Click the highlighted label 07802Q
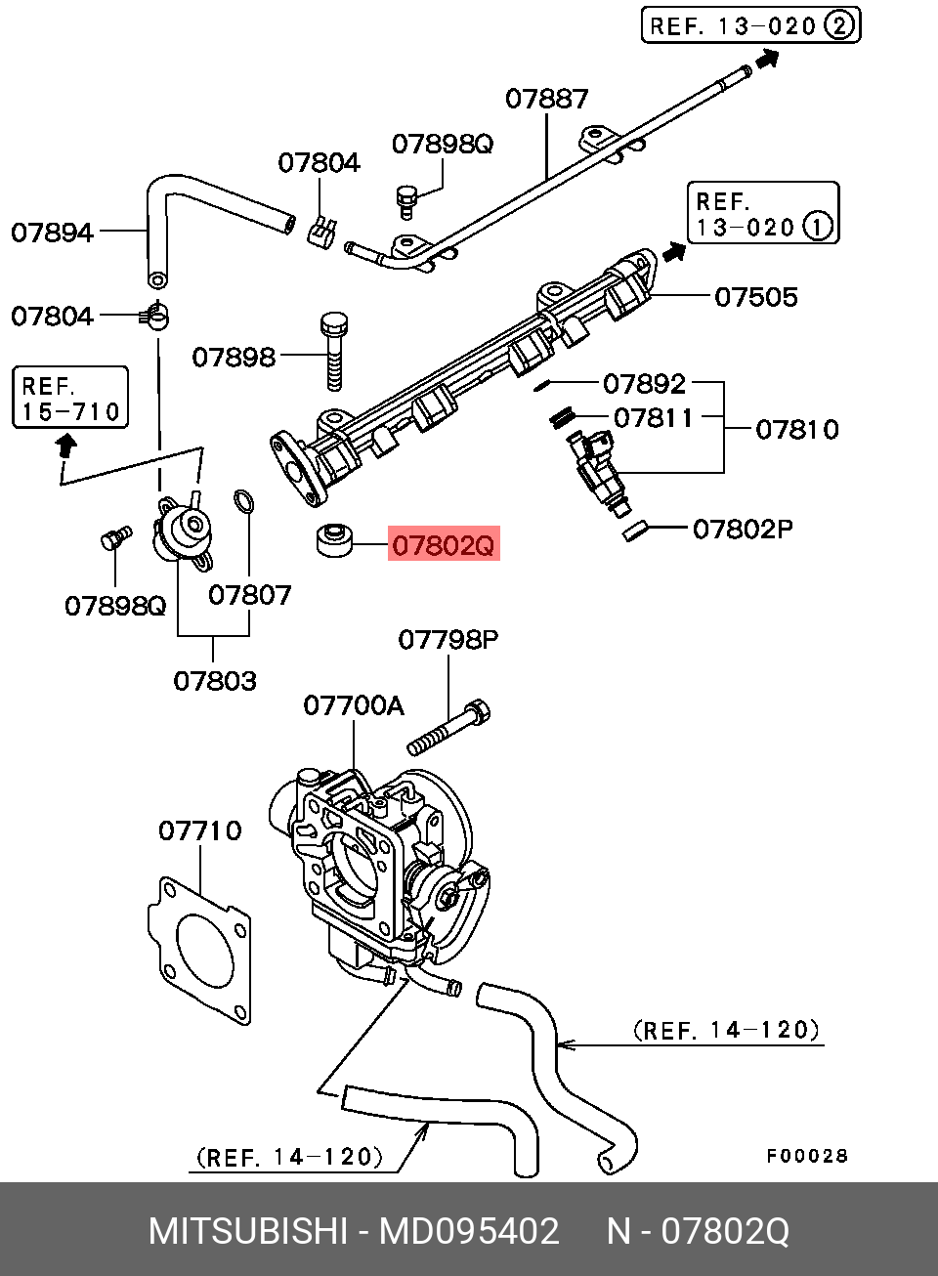(x=444, y=543)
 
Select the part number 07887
(x=546, y=99)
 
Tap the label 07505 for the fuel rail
(x=755, y=297)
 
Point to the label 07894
(x=52, y=233)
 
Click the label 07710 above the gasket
(x=200, y=830)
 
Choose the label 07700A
(x=354, y=705)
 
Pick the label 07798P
(x=448, y=640)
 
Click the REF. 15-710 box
(x=70, y=397)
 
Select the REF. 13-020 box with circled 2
(x=750, y=25)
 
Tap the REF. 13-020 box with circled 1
(x=763, y=213)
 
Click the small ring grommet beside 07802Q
(x=334, y=541)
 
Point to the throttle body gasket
(x=199, y=951)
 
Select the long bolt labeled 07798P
(x=449, y=728)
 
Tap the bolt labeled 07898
(x=334, y=351)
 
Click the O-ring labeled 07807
(x=243, y=501)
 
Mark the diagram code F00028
(x=807, y=1156)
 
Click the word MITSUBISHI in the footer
(x=248, y=1231)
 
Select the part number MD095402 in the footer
(x=469, y=1231)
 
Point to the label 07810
(x=797, y=430)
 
